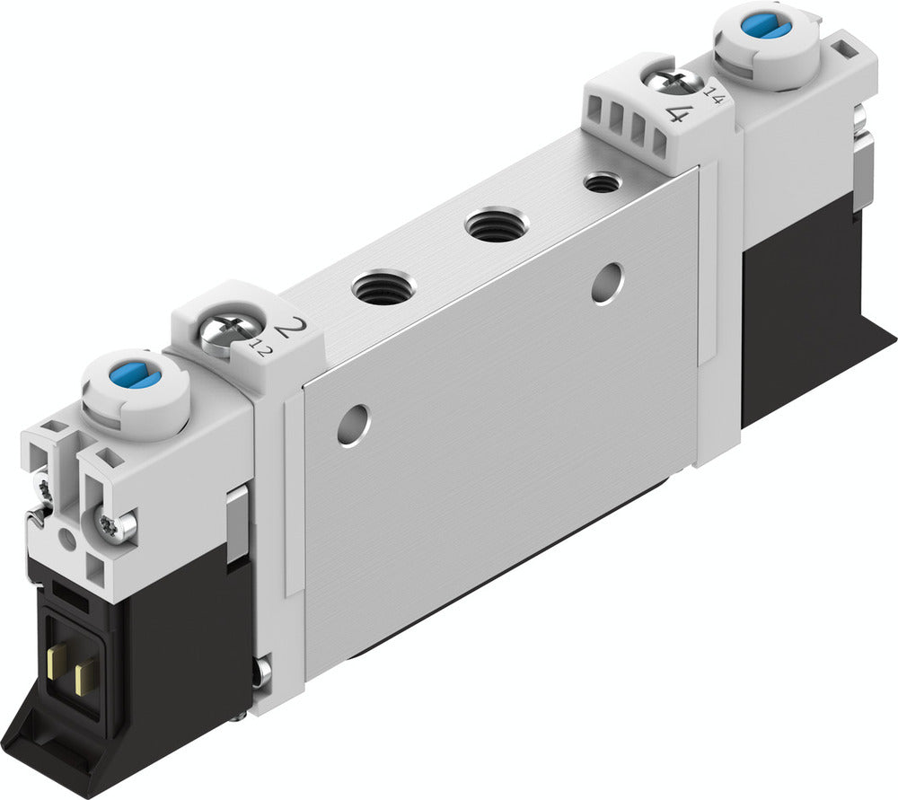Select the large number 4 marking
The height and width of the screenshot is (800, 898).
[x=680, y=114]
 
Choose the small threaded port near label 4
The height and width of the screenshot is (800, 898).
[x=601, y=182]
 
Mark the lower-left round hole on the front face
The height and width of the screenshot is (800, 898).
[x=353, y=424]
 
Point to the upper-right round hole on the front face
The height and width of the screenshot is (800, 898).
[x=608, y=282]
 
